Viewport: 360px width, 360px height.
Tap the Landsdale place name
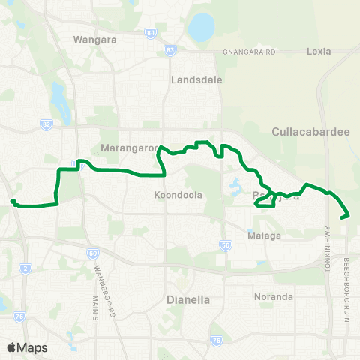(x=193, y=79)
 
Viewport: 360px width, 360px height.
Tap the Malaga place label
(x=265, y=235)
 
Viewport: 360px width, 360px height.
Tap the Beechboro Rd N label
(x=347, y=277)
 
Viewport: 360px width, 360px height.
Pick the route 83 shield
(x=170, y=50)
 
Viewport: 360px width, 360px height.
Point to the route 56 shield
(x=225, y=244)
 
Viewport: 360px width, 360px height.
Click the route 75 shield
(x=217, y=340)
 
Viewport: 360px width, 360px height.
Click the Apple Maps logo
(x=26, y=347)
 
